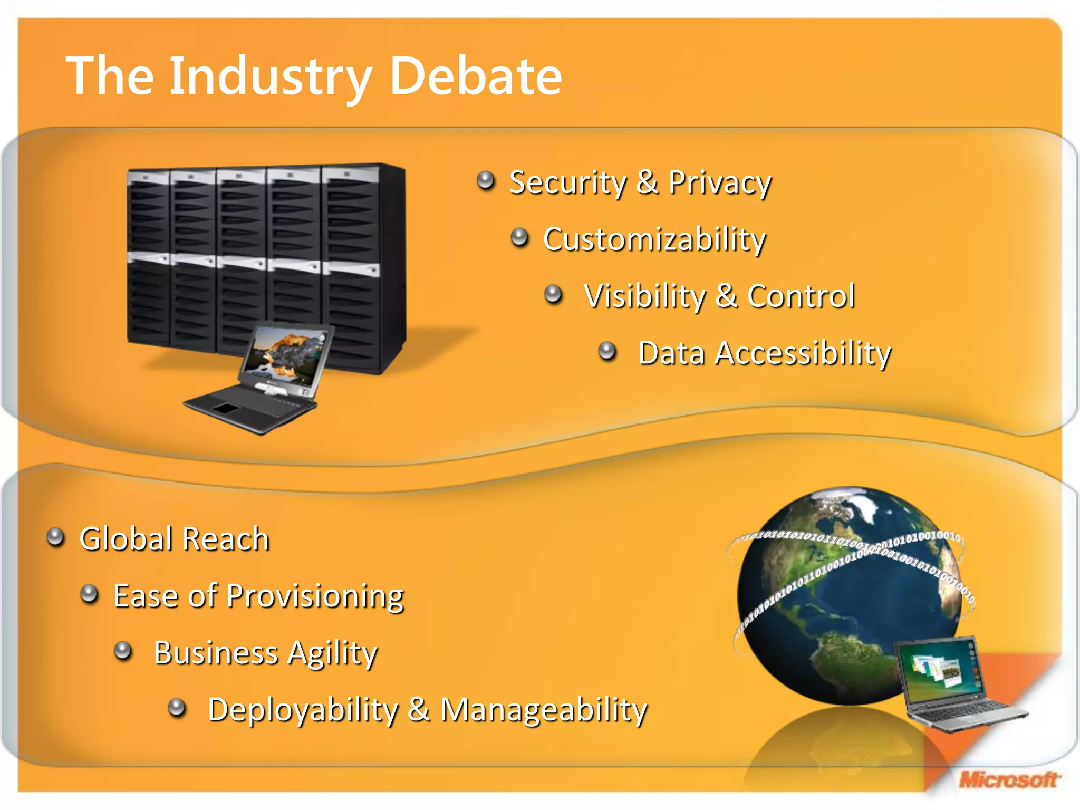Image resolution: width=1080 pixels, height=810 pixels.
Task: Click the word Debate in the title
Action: (x=476, y=76)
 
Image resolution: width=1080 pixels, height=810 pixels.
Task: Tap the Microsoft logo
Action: (x=1008, y=779)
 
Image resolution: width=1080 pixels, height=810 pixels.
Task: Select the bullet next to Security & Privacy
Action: (x=486, y=181)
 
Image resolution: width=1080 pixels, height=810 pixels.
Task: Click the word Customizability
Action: (x=654, y=240)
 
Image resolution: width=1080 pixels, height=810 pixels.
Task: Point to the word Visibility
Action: (x=644, y=296)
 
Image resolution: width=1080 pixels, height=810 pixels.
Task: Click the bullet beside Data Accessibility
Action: (x=607, y=351)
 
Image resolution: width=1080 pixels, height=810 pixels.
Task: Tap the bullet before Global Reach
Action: (x=55, y=537)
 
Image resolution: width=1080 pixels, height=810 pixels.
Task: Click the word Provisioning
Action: (x=314, y=597)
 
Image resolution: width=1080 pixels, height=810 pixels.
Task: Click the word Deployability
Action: (x=303, y=710)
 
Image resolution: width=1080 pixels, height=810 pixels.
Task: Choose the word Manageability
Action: (x=543, y=710)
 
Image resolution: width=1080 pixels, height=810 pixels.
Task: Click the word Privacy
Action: (x=719, y=184)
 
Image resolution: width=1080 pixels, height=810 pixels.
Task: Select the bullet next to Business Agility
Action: (x=123, y=651)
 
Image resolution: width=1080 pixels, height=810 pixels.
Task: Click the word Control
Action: (x=801, y=296)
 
